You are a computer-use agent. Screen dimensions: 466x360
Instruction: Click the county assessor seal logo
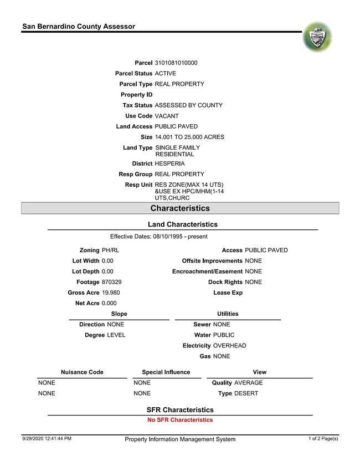click(x=317, y=38)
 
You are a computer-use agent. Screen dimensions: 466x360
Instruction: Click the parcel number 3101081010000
click(x=176, y=63)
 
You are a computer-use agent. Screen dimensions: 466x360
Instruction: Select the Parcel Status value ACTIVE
click(x=166, y=73)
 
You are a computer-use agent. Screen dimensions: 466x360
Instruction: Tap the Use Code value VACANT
click(x=167, y=116)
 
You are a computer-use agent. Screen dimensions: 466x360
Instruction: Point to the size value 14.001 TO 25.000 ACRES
click(x=189, y=137)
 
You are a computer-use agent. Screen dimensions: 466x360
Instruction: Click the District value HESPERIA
click(x=170, y=163)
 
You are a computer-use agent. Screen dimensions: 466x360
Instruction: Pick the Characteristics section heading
click(x=180, y=208)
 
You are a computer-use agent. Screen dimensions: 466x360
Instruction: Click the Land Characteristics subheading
click(x=183, y=224)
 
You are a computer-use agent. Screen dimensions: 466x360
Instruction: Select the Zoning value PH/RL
click(x=111, y=250)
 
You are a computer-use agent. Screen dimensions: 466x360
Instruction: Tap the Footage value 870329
click(x=112, y=282)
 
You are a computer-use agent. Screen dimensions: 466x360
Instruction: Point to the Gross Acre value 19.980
click(x=111, y=293)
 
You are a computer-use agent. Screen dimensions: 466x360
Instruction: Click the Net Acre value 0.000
click(x=110, y=303)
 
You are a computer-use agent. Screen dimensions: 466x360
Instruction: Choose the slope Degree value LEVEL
click(x=116, y=335)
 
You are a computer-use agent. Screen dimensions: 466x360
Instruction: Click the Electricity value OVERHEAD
click(x=229, y=345)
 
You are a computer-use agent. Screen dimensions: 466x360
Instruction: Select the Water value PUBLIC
click(x=224, y=335)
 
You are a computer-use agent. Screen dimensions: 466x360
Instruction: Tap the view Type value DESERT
click(x=246, y=393)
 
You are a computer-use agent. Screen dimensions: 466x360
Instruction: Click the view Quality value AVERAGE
click(x=248, y=382)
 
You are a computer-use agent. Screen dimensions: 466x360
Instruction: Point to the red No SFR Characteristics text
click(x=180, y=420)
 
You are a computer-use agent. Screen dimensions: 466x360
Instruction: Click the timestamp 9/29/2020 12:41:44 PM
click(x=47, y=439)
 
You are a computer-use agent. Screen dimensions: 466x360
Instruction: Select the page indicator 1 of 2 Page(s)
click(x=323, y=439)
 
